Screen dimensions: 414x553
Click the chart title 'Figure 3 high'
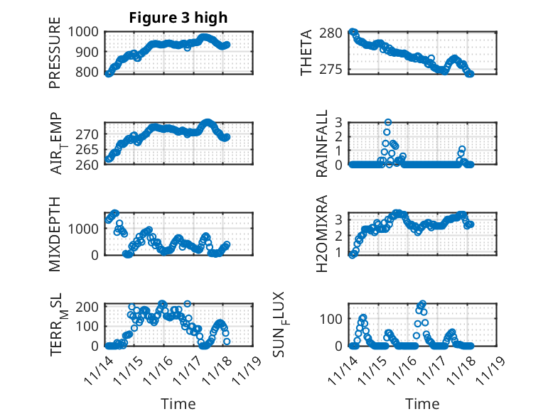tap(178, 18)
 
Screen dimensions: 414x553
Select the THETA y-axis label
tap(306, 53)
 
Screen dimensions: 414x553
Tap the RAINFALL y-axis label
tap(322, 144)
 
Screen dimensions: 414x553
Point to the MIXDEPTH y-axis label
tap(55, 234)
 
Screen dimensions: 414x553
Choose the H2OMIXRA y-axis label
tap(322, 234)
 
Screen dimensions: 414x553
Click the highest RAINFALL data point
tap(388, 122)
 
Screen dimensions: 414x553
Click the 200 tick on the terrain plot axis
tap(91, 306)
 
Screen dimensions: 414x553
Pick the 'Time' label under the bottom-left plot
tap(178, 403)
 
